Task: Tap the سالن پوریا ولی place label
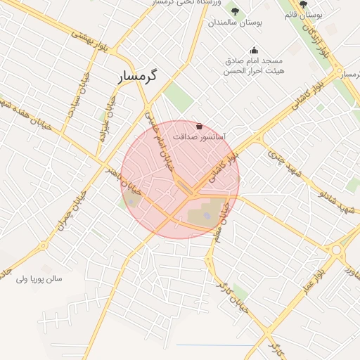39,278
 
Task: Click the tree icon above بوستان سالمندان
235,11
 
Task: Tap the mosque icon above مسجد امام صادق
254,50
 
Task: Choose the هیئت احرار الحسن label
254,71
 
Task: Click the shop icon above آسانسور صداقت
200,127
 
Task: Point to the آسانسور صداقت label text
217,137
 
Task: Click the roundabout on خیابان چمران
44,245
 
